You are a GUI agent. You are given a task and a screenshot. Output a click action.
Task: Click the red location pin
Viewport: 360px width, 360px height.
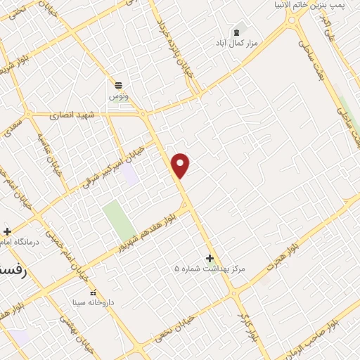[x=181, y=165]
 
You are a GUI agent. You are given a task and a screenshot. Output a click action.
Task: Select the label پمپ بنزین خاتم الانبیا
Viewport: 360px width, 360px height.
[x=310, y=5]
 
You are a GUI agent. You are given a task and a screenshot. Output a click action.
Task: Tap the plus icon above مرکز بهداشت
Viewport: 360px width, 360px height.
[x=210, y=258]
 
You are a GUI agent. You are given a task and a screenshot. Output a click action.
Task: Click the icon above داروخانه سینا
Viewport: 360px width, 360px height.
[x=94, y=292]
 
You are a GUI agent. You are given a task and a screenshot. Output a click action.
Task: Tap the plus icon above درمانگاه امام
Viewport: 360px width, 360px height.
[x=7, y=231]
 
